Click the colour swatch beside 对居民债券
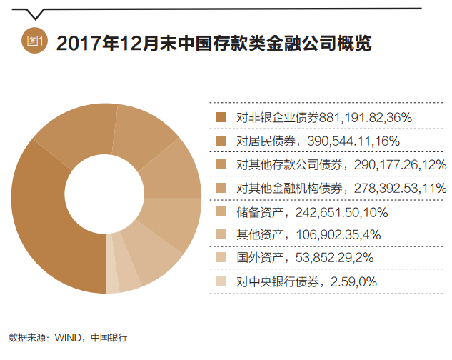tap(221, 141)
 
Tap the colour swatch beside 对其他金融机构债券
tap(221, 188)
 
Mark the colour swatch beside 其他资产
tap(221, 235)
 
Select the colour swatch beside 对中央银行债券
tap(221, 282)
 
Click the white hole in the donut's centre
tap(106, 199)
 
